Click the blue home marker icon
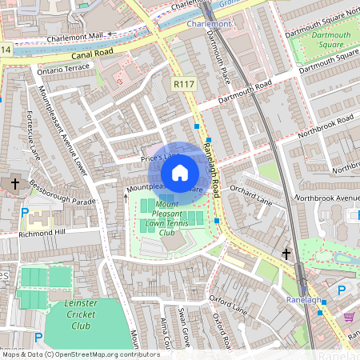pyautogui.click(x=180, y=173)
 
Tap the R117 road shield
pyautogui.click(x=183, y=82)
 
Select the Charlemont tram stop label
pyautogui.click(x=208, y=25)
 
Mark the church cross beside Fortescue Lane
pyautogui.click(x=14, y=184)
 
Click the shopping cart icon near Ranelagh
pyautogui.click(x=350, y=318)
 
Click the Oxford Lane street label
pyautogui.click(x=227, y=303)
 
